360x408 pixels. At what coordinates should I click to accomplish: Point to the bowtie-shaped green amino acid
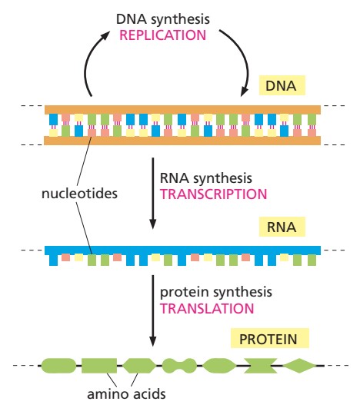258,366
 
